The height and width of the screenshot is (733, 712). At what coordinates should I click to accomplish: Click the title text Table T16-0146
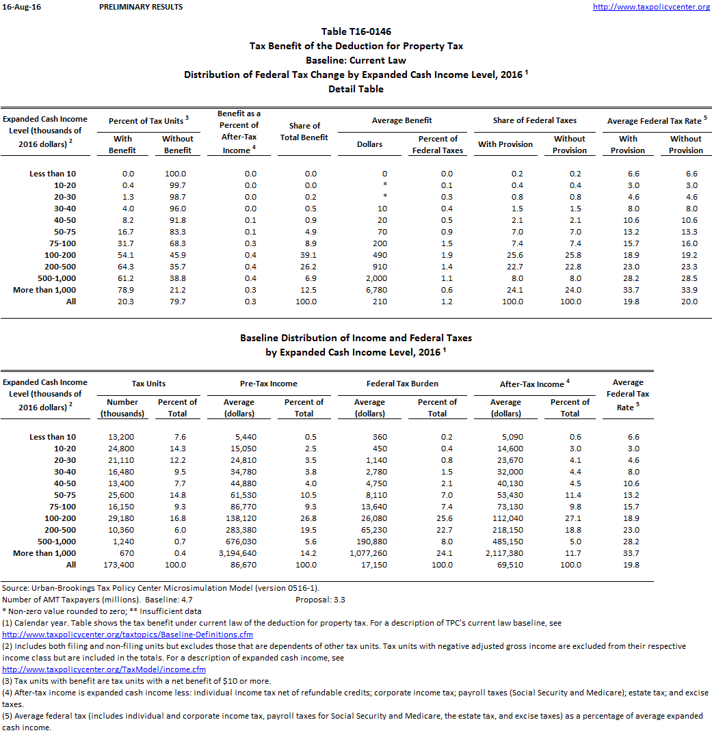pos(356,31)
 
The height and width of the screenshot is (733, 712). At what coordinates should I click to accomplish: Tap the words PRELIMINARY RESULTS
pos(141,7)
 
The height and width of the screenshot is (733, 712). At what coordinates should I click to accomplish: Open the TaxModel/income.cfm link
pos(104,669)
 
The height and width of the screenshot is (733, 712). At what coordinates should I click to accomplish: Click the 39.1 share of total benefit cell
pos(311,255)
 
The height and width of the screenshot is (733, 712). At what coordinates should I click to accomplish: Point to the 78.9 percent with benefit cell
pos(123,290)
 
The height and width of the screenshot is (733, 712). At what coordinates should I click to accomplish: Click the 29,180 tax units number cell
pos(121,518)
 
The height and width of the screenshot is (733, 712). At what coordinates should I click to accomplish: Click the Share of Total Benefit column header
pos(304,131)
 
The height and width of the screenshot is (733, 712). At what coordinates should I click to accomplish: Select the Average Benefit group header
pos(401,120)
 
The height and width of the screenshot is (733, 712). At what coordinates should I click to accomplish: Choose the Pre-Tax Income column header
pos(269,384)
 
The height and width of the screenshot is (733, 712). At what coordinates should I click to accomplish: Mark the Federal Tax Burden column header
pos(402,384)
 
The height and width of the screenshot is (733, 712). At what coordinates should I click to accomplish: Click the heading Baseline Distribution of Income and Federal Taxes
pos(356,338)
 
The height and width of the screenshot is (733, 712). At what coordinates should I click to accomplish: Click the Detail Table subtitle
pos(356,89)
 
